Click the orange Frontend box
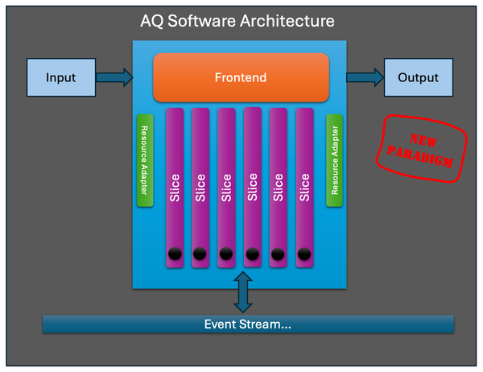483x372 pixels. [241, 78]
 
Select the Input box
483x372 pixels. [60, 78]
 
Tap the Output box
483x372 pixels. [419, 78]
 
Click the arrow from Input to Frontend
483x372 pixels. [114, 78]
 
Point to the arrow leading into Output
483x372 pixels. [365, 78]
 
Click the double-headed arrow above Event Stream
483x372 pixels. [241, 292]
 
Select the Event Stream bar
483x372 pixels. [248, 324]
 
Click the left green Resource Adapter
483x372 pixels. [145, 161]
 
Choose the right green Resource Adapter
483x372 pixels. [335, 161]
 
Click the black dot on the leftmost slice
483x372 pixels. [175, 254]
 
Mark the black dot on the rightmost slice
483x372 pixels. [304, 254]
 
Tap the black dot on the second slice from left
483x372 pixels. [200, 254]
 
